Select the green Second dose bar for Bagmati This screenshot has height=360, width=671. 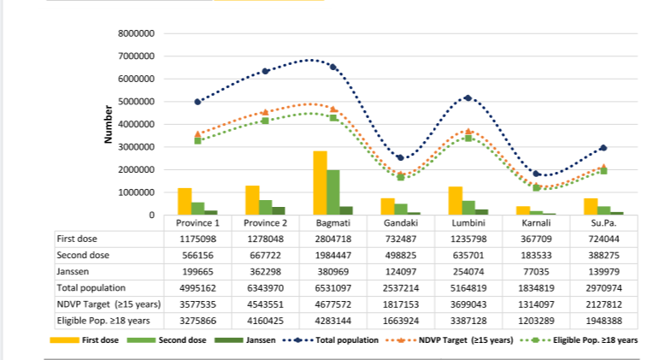333,192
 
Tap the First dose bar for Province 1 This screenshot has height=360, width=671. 184,201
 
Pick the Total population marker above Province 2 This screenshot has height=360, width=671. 265,71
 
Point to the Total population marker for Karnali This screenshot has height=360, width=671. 536,174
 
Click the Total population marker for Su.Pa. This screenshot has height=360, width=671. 603,148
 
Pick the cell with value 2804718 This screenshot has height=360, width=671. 333,239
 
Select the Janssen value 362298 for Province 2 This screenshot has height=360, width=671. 265,271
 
